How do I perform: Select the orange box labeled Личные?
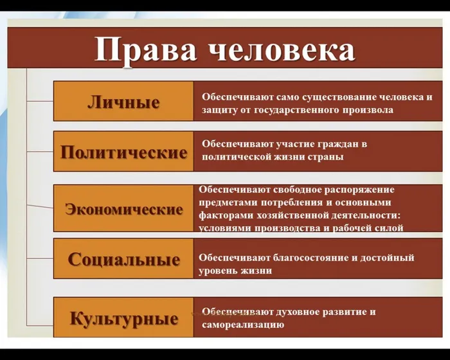123,102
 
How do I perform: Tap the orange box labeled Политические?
123,152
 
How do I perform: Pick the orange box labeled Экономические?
123,209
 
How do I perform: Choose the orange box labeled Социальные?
123,260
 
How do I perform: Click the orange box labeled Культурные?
123,318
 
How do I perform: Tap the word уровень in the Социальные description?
219,271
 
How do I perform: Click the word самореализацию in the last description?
243,325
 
